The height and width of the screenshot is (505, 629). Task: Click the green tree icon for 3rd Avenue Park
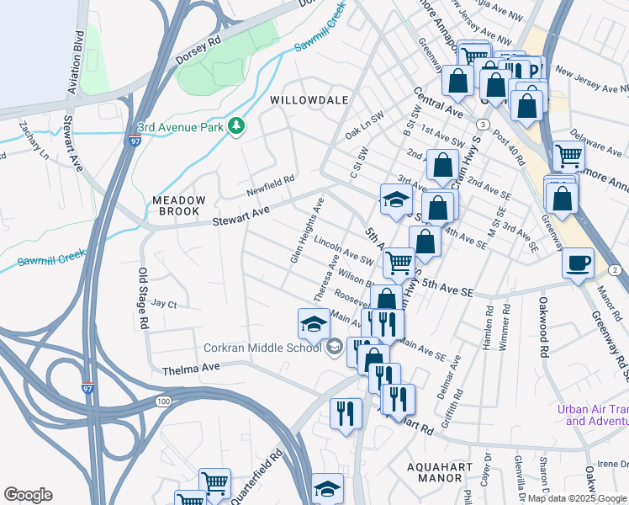coord(238,126)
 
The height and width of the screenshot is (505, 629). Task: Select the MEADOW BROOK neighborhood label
coord(178,207)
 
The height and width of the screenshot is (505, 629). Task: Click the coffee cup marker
coord(578,263)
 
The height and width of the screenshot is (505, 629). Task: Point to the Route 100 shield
coord(161,401)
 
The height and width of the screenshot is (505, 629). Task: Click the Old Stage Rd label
coord(143,298)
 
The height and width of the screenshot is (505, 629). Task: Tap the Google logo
coord(28,495)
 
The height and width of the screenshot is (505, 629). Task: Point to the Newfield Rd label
coord(270,179)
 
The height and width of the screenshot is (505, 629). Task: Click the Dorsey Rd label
coord(198,52)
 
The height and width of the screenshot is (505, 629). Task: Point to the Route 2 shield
coord(615,269)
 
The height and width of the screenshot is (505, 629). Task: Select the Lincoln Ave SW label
coord(342,249)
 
